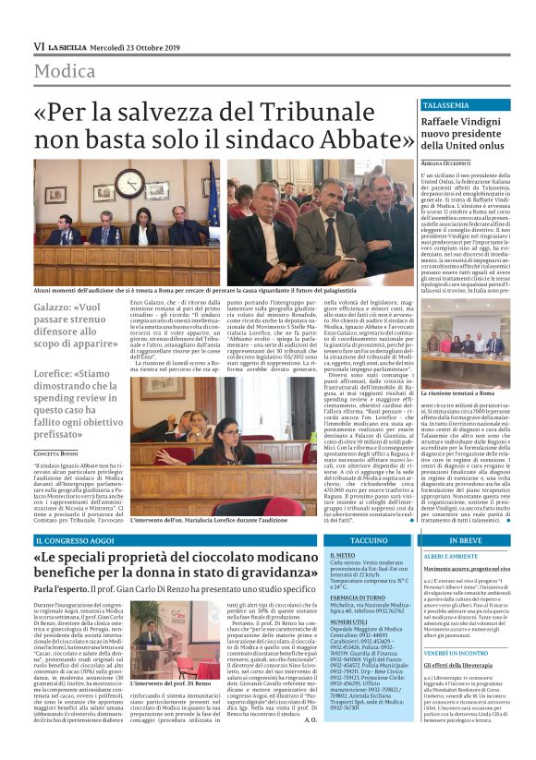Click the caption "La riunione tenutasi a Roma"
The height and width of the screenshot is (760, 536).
coord(465,368)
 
